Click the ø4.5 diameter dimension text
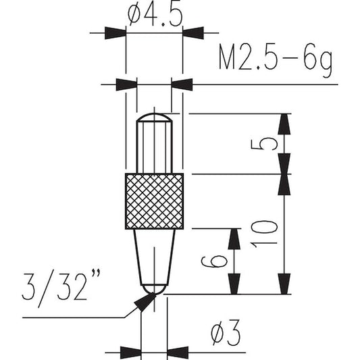point(155,14)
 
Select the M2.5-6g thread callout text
point(276,60)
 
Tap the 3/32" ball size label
point(61,288)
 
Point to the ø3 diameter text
point(226,332)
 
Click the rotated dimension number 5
point(265,144)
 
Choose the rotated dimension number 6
point(214,261)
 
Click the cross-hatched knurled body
point(154,201)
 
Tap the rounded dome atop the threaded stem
point(154,117)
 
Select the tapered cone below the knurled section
point(154,257)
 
